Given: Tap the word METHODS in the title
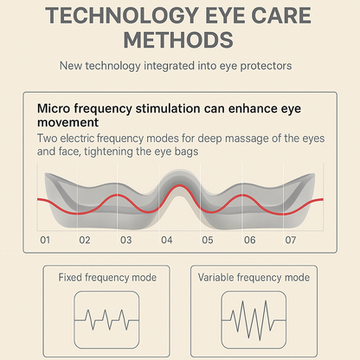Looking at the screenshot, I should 179,39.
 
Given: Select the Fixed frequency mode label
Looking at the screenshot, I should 107,278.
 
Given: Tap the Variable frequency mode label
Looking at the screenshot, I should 254,278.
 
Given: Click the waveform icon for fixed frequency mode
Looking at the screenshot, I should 107,318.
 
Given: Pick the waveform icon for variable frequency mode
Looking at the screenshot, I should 254,318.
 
